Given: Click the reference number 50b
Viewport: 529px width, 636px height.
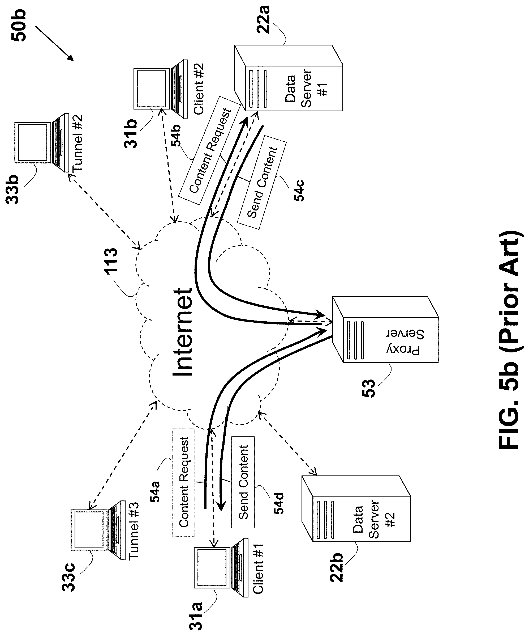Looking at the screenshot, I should point(19,26).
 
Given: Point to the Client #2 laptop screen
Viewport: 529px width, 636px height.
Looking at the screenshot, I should point(152,89).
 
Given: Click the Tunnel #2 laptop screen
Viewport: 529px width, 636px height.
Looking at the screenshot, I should point(33,142).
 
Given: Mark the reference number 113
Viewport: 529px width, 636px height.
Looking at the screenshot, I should point(111,261).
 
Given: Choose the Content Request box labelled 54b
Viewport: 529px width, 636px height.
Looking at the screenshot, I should point(210,150).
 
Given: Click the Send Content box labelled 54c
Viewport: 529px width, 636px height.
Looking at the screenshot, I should point(262,182).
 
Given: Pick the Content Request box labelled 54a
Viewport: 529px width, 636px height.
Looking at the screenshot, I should point(184,482).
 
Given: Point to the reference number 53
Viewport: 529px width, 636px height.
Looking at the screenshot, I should point(368,388).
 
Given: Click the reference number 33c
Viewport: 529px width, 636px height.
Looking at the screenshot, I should point(69,577).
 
